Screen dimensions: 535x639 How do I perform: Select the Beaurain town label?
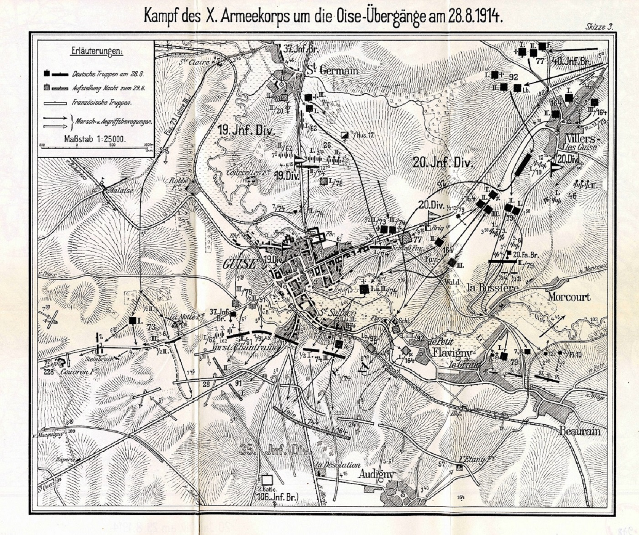click(x=580, y=431)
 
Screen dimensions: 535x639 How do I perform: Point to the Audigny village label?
click(x=376, y=474)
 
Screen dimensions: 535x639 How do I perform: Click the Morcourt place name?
click(x=569, y=297)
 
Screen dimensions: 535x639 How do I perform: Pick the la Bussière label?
click(x=493, y=288)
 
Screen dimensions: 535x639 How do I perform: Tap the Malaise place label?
click(x=120, y=191)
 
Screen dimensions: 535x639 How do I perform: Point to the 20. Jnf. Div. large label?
click(x=443, y=163)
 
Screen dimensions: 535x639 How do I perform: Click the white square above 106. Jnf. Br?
click(x=267, y=480)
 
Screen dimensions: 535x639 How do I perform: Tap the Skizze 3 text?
click(x=599, y=27)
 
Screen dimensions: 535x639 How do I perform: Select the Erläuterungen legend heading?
click(x=97, y=51)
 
